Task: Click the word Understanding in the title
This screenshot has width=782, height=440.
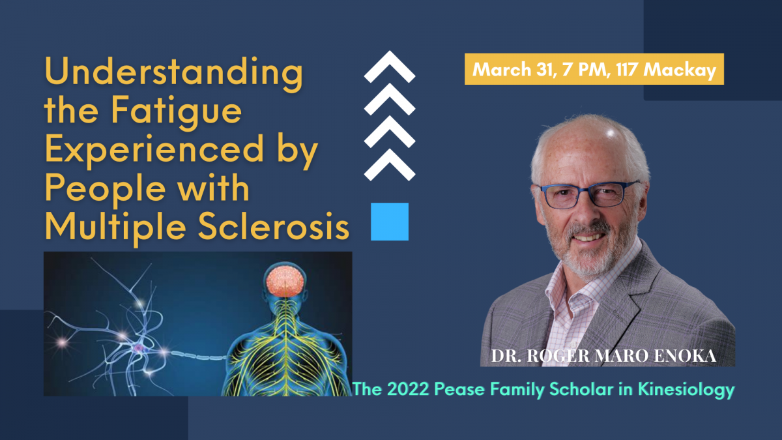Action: pyautogui.click(x=174, y=74)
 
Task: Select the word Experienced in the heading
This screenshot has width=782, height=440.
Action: pyautogui.click(x=154, y=150)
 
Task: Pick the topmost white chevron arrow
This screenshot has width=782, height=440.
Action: pyautogui.click(x=390, y=66)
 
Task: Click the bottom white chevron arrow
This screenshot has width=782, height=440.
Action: pyautogui.click(x=390, y=164)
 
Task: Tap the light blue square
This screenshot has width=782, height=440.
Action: pyautogui.click(x=390, y=222)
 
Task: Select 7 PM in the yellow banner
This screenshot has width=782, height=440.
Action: pyautogui.click(x=586, y=70)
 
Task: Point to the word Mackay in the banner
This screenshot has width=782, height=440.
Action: pyautogui.click(x=680, y=70)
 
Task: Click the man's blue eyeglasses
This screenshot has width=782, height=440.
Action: pyautogui.click(x=588, y=194)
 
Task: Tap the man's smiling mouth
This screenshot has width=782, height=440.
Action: pyautogui.click(x=588, y=237)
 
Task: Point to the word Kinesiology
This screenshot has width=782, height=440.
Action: pyautogui.click(x=686, y=390)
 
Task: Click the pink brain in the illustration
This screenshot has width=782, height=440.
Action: pyautogui.click(x=285, y=282)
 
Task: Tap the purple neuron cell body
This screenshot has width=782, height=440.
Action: pyautogui.click(x=139, y=348)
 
